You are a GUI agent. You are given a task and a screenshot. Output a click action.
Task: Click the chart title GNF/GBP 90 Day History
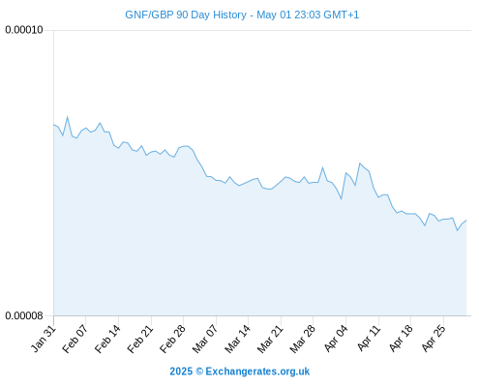186,15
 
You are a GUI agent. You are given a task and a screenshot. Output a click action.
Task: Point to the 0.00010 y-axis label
24,30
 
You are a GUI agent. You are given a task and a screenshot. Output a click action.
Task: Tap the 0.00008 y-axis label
24,315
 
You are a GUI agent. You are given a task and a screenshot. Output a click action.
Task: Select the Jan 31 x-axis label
44,339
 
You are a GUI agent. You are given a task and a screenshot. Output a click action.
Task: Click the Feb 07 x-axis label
75,339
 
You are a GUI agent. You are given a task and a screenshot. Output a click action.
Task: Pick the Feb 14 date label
108,339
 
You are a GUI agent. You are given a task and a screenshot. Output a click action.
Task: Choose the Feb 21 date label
140,339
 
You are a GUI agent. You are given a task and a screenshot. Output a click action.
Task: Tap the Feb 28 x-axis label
173,339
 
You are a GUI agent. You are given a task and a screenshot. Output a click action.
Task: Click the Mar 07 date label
205,339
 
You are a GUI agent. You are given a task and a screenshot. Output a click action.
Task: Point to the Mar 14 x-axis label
238,339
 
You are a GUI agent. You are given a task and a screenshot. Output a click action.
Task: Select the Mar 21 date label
270,339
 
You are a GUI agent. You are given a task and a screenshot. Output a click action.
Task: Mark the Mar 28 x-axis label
303,339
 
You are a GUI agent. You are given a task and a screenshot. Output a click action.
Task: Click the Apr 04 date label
337,339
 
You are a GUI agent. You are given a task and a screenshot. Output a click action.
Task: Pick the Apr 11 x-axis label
369,339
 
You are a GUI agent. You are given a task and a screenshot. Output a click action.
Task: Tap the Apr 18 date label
401,339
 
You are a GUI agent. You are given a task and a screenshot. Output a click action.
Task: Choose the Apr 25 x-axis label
434,339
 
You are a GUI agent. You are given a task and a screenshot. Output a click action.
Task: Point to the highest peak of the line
68,117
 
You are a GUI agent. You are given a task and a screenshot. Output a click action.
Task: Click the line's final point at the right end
466,221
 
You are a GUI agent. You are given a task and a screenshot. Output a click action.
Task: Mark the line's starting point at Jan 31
54,125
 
